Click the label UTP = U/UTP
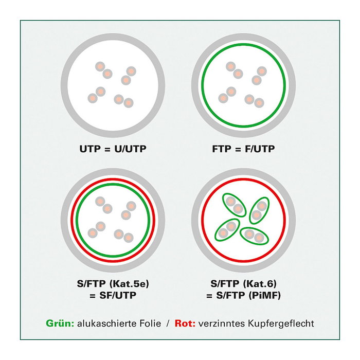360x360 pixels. coord(113,149)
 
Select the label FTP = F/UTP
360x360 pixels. coord(243,149)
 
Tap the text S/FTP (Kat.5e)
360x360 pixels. coord(113,284)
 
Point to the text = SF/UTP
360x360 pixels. coord(113,295)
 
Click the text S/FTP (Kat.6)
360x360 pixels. coord(244,284)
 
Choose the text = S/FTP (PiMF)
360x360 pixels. coord(244,295)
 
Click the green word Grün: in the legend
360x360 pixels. coord(60,323)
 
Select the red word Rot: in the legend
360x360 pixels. coord(185,323)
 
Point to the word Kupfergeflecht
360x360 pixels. coord(281,323)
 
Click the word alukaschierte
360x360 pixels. coord(107,323)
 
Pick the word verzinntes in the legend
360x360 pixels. coord(222,323)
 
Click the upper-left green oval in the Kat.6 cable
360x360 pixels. coord(234,205)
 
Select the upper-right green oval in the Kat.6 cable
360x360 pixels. coord(259,210)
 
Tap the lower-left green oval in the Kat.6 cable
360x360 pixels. coord(227,229)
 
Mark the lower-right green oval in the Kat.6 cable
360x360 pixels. coord(254,236)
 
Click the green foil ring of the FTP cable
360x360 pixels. coord(243,85)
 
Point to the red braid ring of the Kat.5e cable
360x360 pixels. coord(113,220)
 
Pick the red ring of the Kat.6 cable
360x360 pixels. coord(243,220)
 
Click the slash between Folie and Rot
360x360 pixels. coord(168,323)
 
